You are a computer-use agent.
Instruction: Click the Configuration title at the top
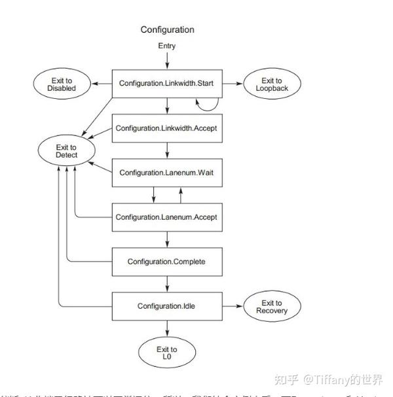pyautogui.click(x=167, y=30)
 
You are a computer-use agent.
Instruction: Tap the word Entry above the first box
pyautogui.click(x=167, y=46)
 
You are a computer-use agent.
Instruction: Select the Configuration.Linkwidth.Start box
pyautogui.click(x=167, y=84)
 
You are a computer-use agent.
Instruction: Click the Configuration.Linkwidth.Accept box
pyautogui.click(x=167, y=128)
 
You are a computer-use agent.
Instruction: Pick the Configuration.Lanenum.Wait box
pyautogui.click(x=167, y=173)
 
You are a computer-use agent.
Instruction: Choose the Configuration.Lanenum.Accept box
pyautogui.click(x=167, y=217)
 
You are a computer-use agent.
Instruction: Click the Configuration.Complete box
pyautogui.click(x=167, y=262)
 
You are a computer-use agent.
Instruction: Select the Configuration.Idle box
pyautogui.click(x=167, y=306)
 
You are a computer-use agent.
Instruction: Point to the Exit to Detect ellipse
pyautogui.click(x=67, y=151)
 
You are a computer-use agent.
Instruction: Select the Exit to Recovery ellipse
pyautogui.click(x=272, y=306)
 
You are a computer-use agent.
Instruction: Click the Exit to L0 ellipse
pyautogui.click(x=167, y=354)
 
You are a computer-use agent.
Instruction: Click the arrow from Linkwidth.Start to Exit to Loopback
pyautogui.click(x=233, y=84)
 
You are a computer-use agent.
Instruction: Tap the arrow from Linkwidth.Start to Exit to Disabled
pyautogui.click(x=102, y=84)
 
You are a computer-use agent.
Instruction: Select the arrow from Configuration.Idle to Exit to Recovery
pyautogui.click(x=233, y=306)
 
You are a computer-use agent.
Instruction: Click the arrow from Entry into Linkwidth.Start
pyautogui.click(x=167, y=60)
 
